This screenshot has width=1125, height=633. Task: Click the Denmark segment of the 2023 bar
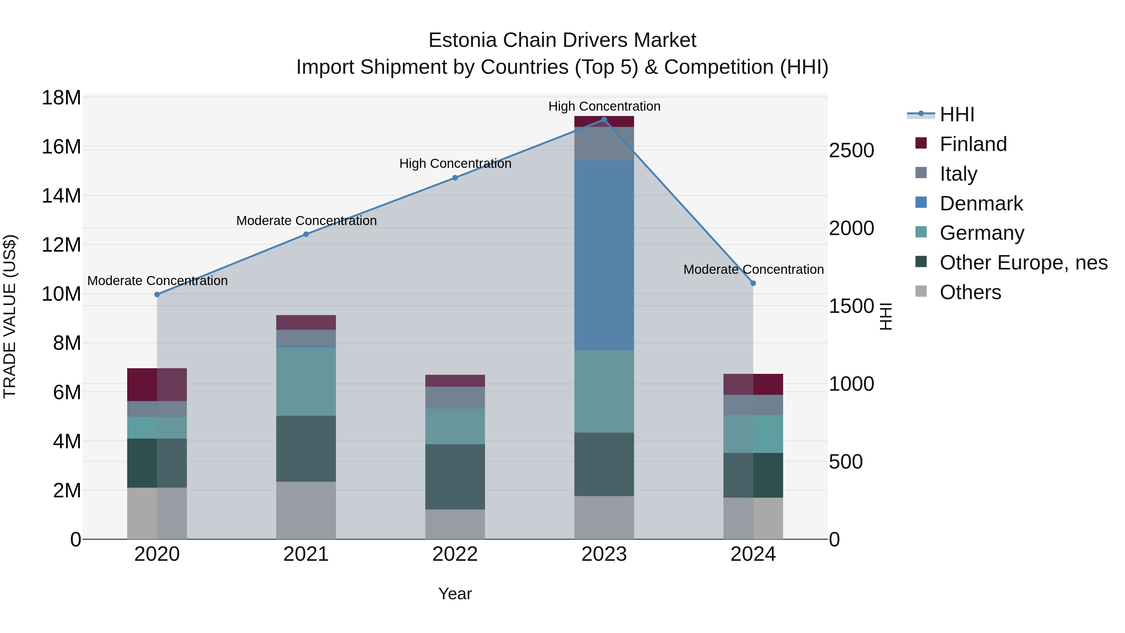(x=604, y=256)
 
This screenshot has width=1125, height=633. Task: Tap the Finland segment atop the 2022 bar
(x=455, y=380)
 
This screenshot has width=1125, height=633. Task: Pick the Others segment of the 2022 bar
(x=455, y=524)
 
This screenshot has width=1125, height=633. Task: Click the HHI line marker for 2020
(x=157, y=294)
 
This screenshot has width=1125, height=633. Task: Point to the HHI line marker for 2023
(x=604, y=120)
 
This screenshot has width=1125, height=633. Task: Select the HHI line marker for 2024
(x=753, y=283)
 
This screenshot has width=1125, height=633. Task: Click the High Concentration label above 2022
(x=455, y=164)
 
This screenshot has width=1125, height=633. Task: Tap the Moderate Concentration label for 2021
(x=306, y=221)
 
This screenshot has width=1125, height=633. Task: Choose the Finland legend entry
(x=973, y=144)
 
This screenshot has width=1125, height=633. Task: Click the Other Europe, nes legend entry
(x=1023, y=263)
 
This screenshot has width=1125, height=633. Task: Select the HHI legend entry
(x=957, y=114)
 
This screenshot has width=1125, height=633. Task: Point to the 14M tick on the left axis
(x=61, y=196)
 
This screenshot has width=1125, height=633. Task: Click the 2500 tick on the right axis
(x=851, y=151)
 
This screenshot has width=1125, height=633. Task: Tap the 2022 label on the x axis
(x=455, y=554)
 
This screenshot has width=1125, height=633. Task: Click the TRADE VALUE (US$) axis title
(x=10, y=316)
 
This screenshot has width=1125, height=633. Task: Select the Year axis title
(x=455, y=594)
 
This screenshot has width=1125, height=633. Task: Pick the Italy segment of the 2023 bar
(x=604, y=144)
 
